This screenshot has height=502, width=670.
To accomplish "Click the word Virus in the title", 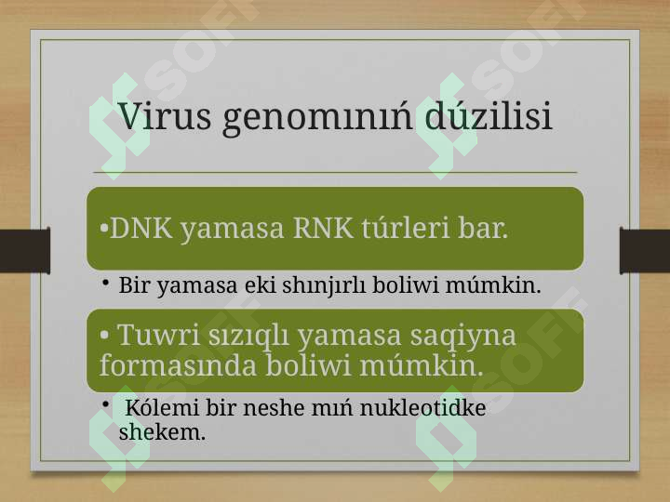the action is click(x=165, y=115).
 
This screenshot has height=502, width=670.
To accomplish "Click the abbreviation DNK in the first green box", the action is click(x=141, y=228).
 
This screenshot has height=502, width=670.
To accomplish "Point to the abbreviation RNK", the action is click(x=324, y=228).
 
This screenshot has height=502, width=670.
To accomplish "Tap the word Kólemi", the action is click(x=162, y=407).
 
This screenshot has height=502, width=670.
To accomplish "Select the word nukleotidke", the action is click(x=422, y=407).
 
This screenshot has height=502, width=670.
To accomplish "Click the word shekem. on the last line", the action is click(x=162, y=431).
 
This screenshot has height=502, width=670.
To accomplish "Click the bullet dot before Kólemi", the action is click(x=106, y=404).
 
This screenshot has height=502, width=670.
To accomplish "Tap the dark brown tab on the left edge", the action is click(x=25, y=251).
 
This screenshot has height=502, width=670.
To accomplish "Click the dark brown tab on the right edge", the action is click(x=645, y=251).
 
